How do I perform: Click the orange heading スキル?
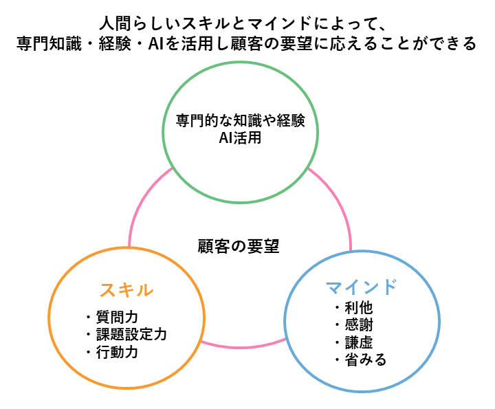point(126,290)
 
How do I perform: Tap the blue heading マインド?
point(361,287)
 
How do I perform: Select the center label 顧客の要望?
point(239,247)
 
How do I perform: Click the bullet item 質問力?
point(117,317)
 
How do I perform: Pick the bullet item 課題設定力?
point(131,335)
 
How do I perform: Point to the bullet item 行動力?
point(117,352)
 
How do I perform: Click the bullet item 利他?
point(359,308)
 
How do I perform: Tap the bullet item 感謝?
point(359,325)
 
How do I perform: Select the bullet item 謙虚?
point(359,343)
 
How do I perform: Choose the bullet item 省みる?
point(366,360)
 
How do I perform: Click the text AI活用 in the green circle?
point(240,138)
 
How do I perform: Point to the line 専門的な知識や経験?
point(240,120)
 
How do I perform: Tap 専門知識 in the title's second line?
point(49,43)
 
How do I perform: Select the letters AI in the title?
point(155,43)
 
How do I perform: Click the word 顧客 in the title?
point(247,43)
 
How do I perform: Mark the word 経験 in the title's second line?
point(115,43)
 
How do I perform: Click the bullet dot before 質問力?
point(89,317)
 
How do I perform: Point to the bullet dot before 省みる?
point(337,360)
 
